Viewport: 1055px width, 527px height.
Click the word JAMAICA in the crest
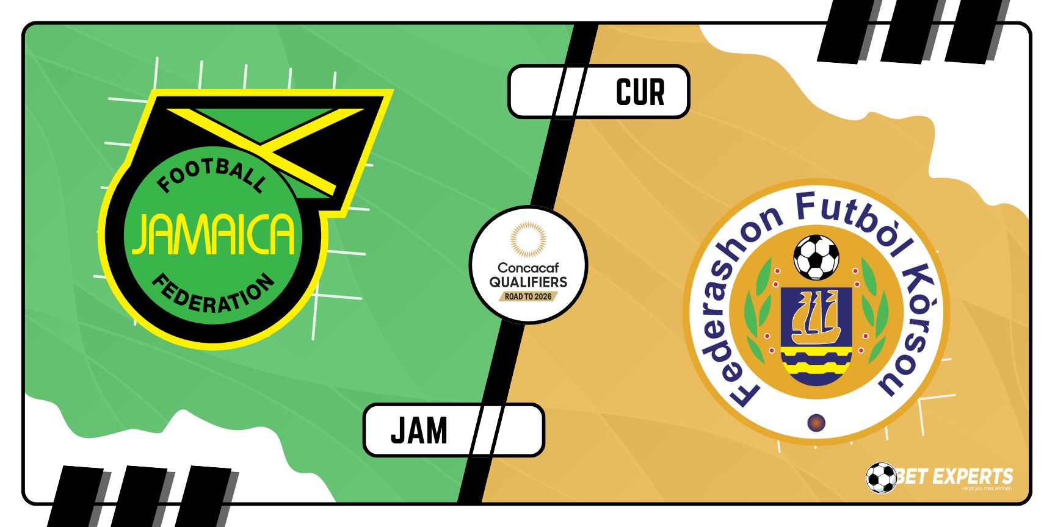click(x=214, y=234)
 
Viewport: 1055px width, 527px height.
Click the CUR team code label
click(x=640, y=92)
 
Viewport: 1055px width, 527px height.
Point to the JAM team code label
click(x=419, y=431)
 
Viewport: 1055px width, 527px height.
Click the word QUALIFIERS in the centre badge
click(x=528, y=282)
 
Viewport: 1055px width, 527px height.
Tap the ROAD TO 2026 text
click(x=528, y=296)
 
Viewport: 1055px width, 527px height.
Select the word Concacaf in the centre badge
click(x=528, y=267)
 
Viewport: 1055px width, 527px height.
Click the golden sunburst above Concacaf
click(x=528, y=240)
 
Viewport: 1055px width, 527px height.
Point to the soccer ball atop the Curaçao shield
click(x=816, y=257)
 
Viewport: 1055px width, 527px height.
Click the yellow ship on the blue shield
click(x=816, y=317)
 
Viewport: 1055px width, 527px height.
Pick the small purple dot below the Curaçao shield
click(x=816, y=422)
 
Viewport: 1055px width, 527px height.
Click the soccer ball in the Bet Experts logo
click(x=881, y=478)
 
